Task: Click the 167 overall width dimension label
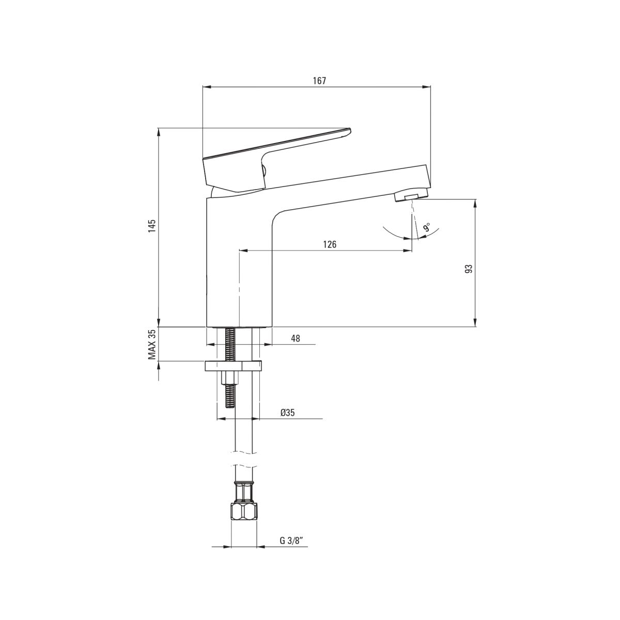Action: coord(319,81)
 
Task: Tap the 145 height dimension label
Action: coord(152,226)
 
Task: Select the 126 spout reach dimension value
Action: coord(330,244)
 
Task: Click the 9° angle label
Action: coord(427,227)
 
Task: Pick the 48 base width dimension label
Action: coord(296,338)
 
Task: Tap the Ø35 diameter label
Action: coord(287,412)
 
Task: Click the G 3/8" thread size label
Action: coord(289,540)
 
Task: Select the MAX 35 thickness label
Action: coord(152,344)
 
